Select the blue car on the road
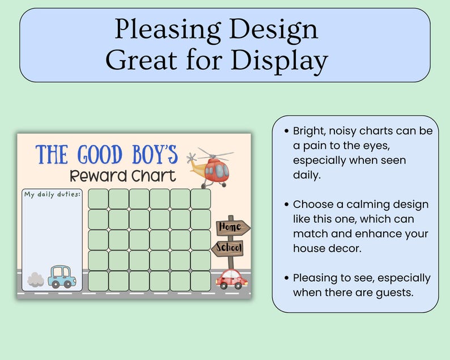[x=61, y=277]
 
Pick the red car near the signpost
[x=232, y=279]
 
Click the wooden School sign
[x=228, y=248]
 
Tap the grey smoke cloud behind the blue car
[x=35, y=279]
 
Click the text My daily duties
[x=52, y=194]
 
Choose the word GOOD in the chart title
[x=99, y=155]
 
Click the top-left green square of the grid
[x=98, y=199]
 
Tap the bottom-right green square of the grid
[x=201, y=281]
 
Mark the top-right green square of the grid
[x=201, y=199]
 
